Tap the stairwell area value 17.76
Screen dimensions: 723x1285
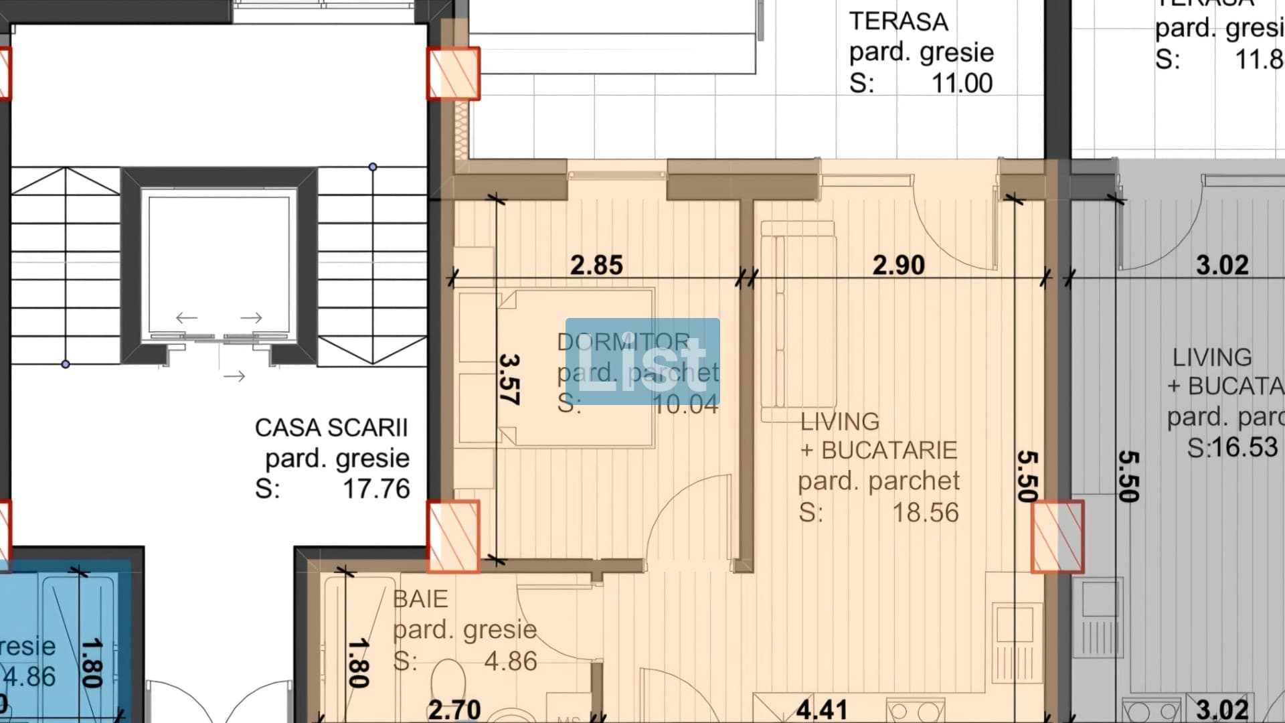pos(376,489)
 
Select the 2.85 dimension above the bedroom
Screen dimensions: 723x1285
pos(596,265)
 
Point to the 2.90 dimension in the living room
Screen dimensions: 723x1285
pos(898,265)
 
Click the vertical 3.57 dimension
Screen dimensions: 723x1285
pos(509,380)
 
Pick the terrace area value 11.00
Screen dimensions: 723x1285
pos(962,84)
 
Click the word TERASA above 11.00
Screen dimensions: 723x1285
pos(898,21)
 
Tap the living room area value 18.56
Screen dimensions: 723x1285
pos(926,513)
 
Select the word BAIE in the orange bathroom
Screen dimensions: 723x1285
pos(420,598)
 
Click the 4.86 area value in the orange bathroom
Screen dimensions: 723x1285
pos(510,661)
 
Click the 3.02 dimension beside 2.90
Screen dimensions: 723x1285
pos(1222,265)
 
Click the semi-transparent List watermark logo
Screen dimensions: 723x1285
pos(642,361)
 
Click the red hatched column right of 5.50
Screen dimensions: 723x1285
pos(1057,537)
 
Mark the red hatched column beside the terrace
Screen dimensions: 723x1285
pos(453,74)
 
